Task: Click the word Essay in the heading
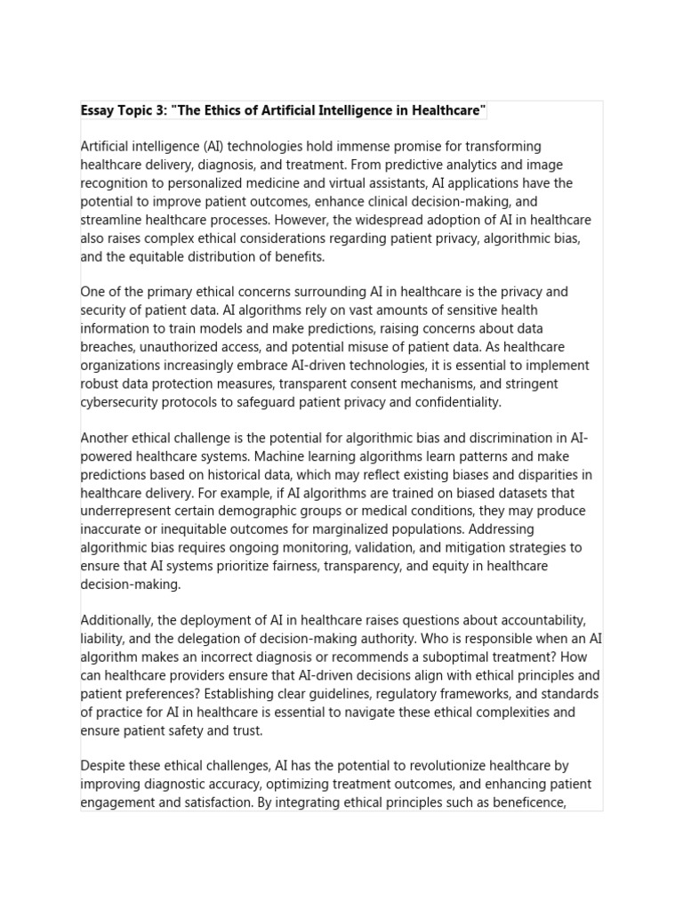click(98, 110)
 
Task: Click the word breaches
click(109, 347)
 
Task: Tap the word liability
click(103, 639)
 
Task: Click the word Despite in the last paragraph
click(104, 766)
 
